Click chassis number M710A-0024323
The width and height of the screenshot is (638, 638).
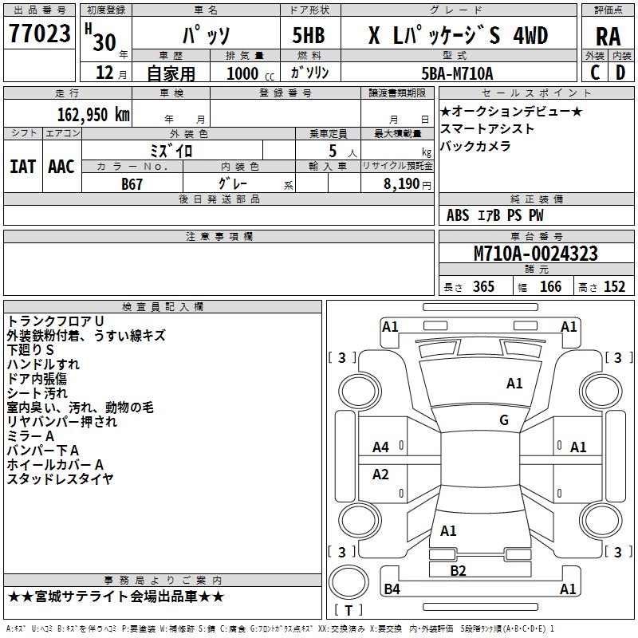(536, 254)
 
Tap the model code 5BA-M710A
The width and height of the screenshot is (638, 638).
(457, 73)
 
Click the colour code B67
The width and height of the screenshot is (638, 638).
(133, 183)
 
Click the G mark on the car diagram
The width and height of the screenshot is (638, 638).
(504, 420)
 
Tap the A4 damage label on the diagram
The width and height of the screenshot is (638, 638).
(381, 447)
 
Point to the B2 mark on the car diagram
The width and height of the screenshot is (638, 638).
(458, 570)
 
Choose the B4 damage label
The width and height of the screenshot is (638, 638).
(392, 589)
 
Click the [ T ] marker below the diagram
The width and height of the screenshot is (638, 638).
(348, 611)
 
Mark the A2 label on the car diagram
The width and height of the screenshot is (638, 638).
(381, 475)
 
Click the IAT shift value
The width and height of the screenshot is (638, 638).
(22, 166)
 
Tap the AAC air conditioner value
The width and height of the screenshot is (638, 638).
(61, 166)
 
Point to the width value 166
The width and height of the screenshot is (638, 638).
(550, 287)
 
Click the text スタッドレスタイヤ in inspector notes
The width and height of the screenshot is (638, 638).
(61, 479)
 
